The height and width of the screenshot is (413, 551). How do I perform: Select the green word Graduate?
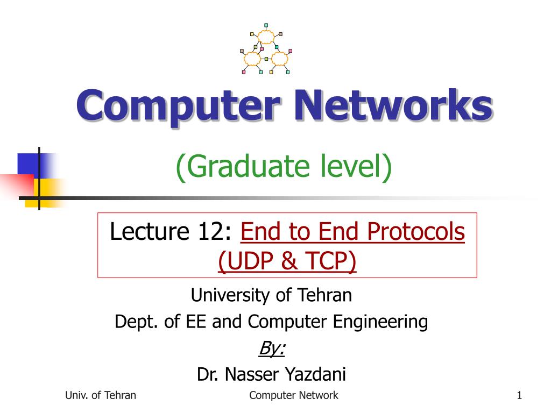pyautogui.click(x=250, y=167)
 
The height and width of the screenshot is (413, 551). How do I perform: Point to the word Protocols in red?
pyautogui.click(x=416, y=231)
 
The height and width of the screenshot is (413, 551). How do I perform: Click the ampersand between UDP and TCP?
pyautogui.click(x=289, y=261)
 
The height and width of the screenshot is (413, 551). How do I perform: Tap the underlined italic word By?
pyautogui.click(x=272, y=348)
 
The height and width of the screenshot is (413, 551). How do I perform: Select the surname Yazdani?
pyautogui.click(x=315, y=374)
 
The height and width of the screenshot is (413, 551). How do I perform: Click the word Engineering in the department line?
pyautogui.click(x=380, y=322)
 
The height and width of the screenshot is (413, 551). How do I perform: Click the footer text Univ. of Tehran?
pyautogui.click(x=101, y=395)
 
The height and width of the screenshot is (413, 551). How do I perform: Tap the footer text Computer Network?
pyautogui.click(x=293, y=395)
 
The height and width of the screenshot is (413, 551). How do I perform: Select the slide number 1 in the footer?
pyautogui.click(x=519, y=395)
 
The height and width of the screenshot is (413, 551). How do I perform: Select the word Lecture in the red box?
pyautogui.click(x=150, y=231)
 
